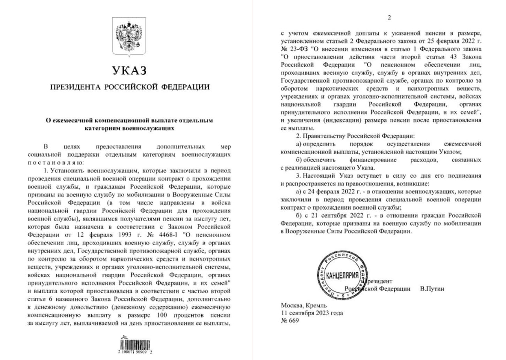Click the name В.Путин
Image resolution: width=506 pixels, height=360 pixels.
(432, 289)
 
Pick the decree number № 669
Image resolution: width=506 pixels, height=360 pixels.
(290, 320)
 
